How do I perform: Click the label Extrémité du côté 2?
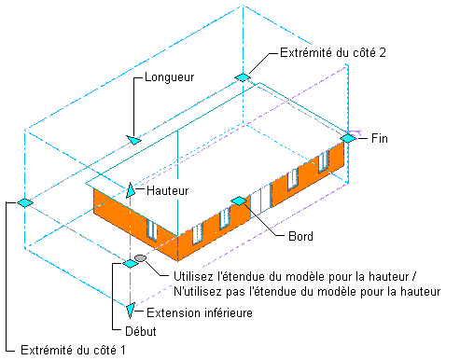coord(333,52)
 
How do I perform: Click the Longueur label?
coord(170,77)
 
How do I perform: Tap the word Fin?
coord(380,138)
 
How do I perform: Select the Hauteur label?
coord(168,190)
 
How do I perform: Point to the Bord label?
coord(300,236)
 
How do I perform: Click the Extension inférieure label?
coord(200,312)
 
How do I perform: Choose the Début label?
coord(141,331)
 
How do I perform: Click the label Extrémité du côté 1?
coord(73,350)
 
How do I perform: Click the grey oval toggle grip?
coord(140,258)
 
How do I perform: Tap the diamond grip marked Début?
coord(131,264)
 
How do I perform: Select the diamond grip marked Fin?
coord(348,138)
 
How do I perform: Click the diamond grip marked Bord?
coord(239,201)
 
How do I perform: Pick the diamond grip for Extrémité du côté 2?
coord(243,77)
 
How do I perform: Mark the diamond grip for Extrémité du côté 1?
coord(25,202)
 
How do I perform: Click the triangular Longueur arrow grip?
coord(133,140)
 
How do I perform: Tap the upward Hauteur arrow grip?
coord(131,190)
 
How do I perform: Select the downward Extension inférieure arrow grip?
coord(131,311)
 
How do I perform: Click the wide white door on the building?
coord(260,200)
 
